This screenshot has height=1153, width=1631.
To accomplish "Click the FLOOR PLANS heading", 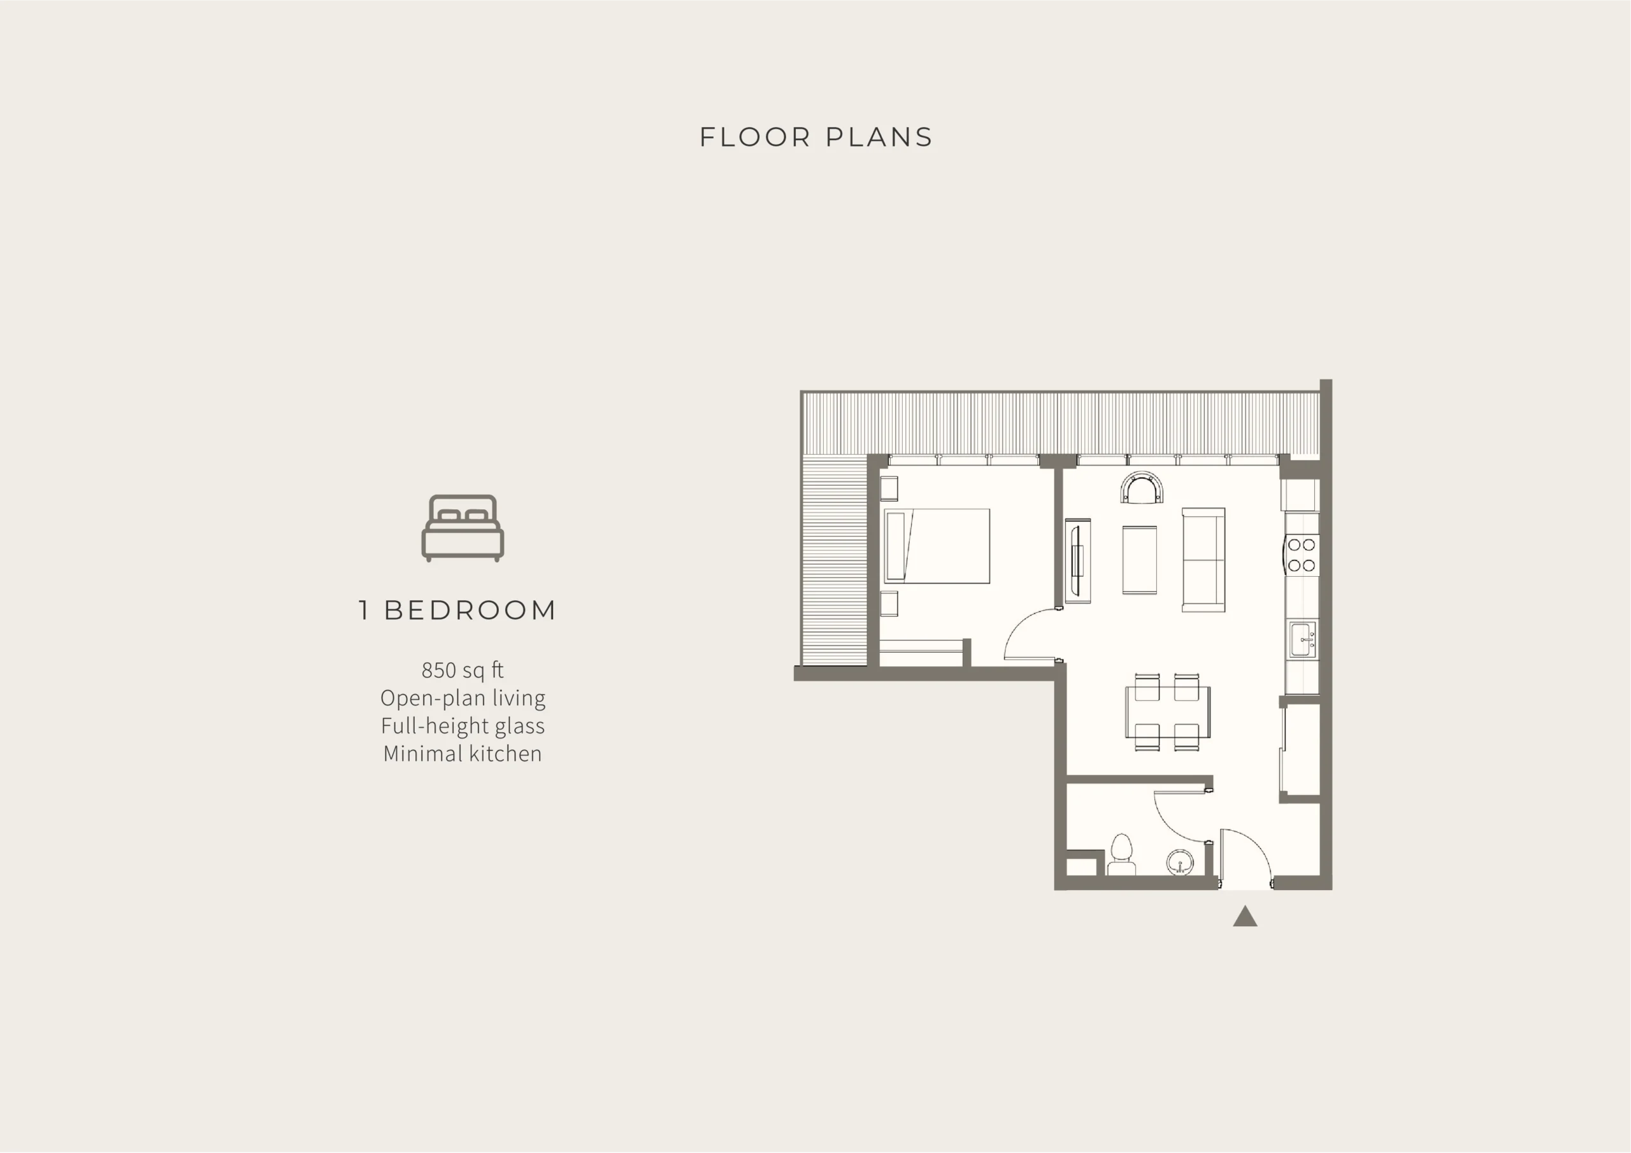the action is pos(815,137).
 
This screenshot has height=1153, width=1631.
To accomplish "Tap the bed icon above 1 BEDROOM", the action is pos(463,528).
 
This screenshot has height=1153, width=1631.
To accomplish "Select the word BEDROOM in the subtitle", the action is pos(470,610).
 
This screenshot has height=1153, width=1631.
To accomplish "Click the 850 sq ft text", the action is pos(463,670).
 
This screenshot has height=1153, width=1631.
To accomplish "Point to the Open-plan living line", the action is pos(463,698).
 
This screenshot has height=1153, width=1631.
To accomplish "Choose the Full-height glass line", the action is pos(463,726).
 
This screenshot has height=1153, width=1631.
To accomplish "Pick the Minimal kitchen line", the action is pos(463,753).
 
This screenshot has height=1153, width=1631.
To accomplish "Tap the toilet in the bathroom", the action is pos(1121,855).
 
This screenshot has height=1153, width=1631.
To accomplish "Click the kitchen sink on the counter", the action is pos(1303,640).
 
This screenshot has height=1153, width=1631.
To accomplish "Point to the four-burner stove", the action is pos(1302,555).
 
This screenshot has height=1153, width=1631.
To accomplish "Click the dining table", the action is pos(1167,711).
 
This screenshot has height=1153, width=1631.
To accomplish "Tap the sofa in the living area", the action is pos(1203,560).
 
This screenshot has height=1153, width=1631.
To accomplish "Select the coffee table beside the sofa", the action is pos(1139,560).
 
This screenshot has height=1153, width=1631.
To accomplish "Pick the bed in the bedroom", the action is pos(937,546).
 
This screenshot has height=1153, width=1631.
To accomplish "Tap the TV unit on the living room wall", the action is pos(1077,561).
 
